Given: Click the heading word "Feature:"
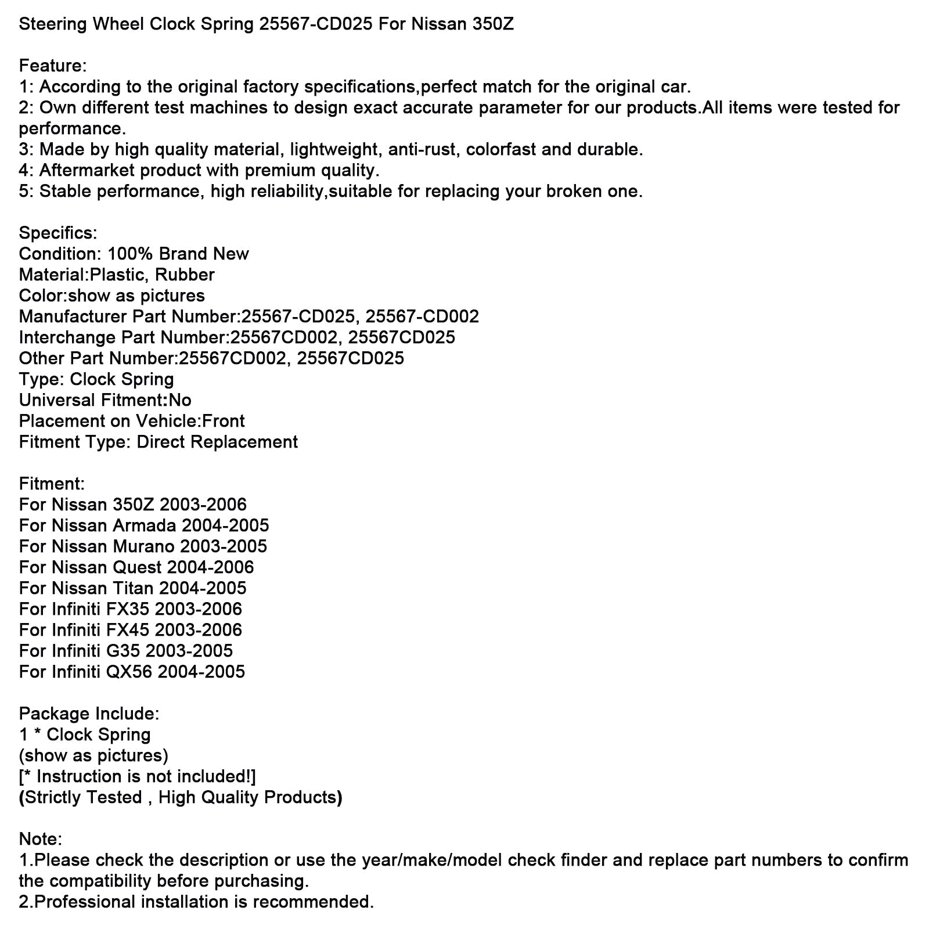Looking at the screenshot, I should coord(53,66).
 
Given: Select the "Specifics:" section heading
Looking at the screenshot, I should coord(58,233).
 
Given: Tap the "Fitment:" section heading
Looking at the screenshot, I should coord(52,484).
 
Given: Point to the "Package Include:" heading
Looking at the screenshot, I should coord(89,714).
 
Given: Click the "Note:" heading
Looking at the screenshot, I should coord(40,839).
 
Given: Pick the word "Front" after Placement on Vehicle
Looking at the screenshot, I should coord(223,421).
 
